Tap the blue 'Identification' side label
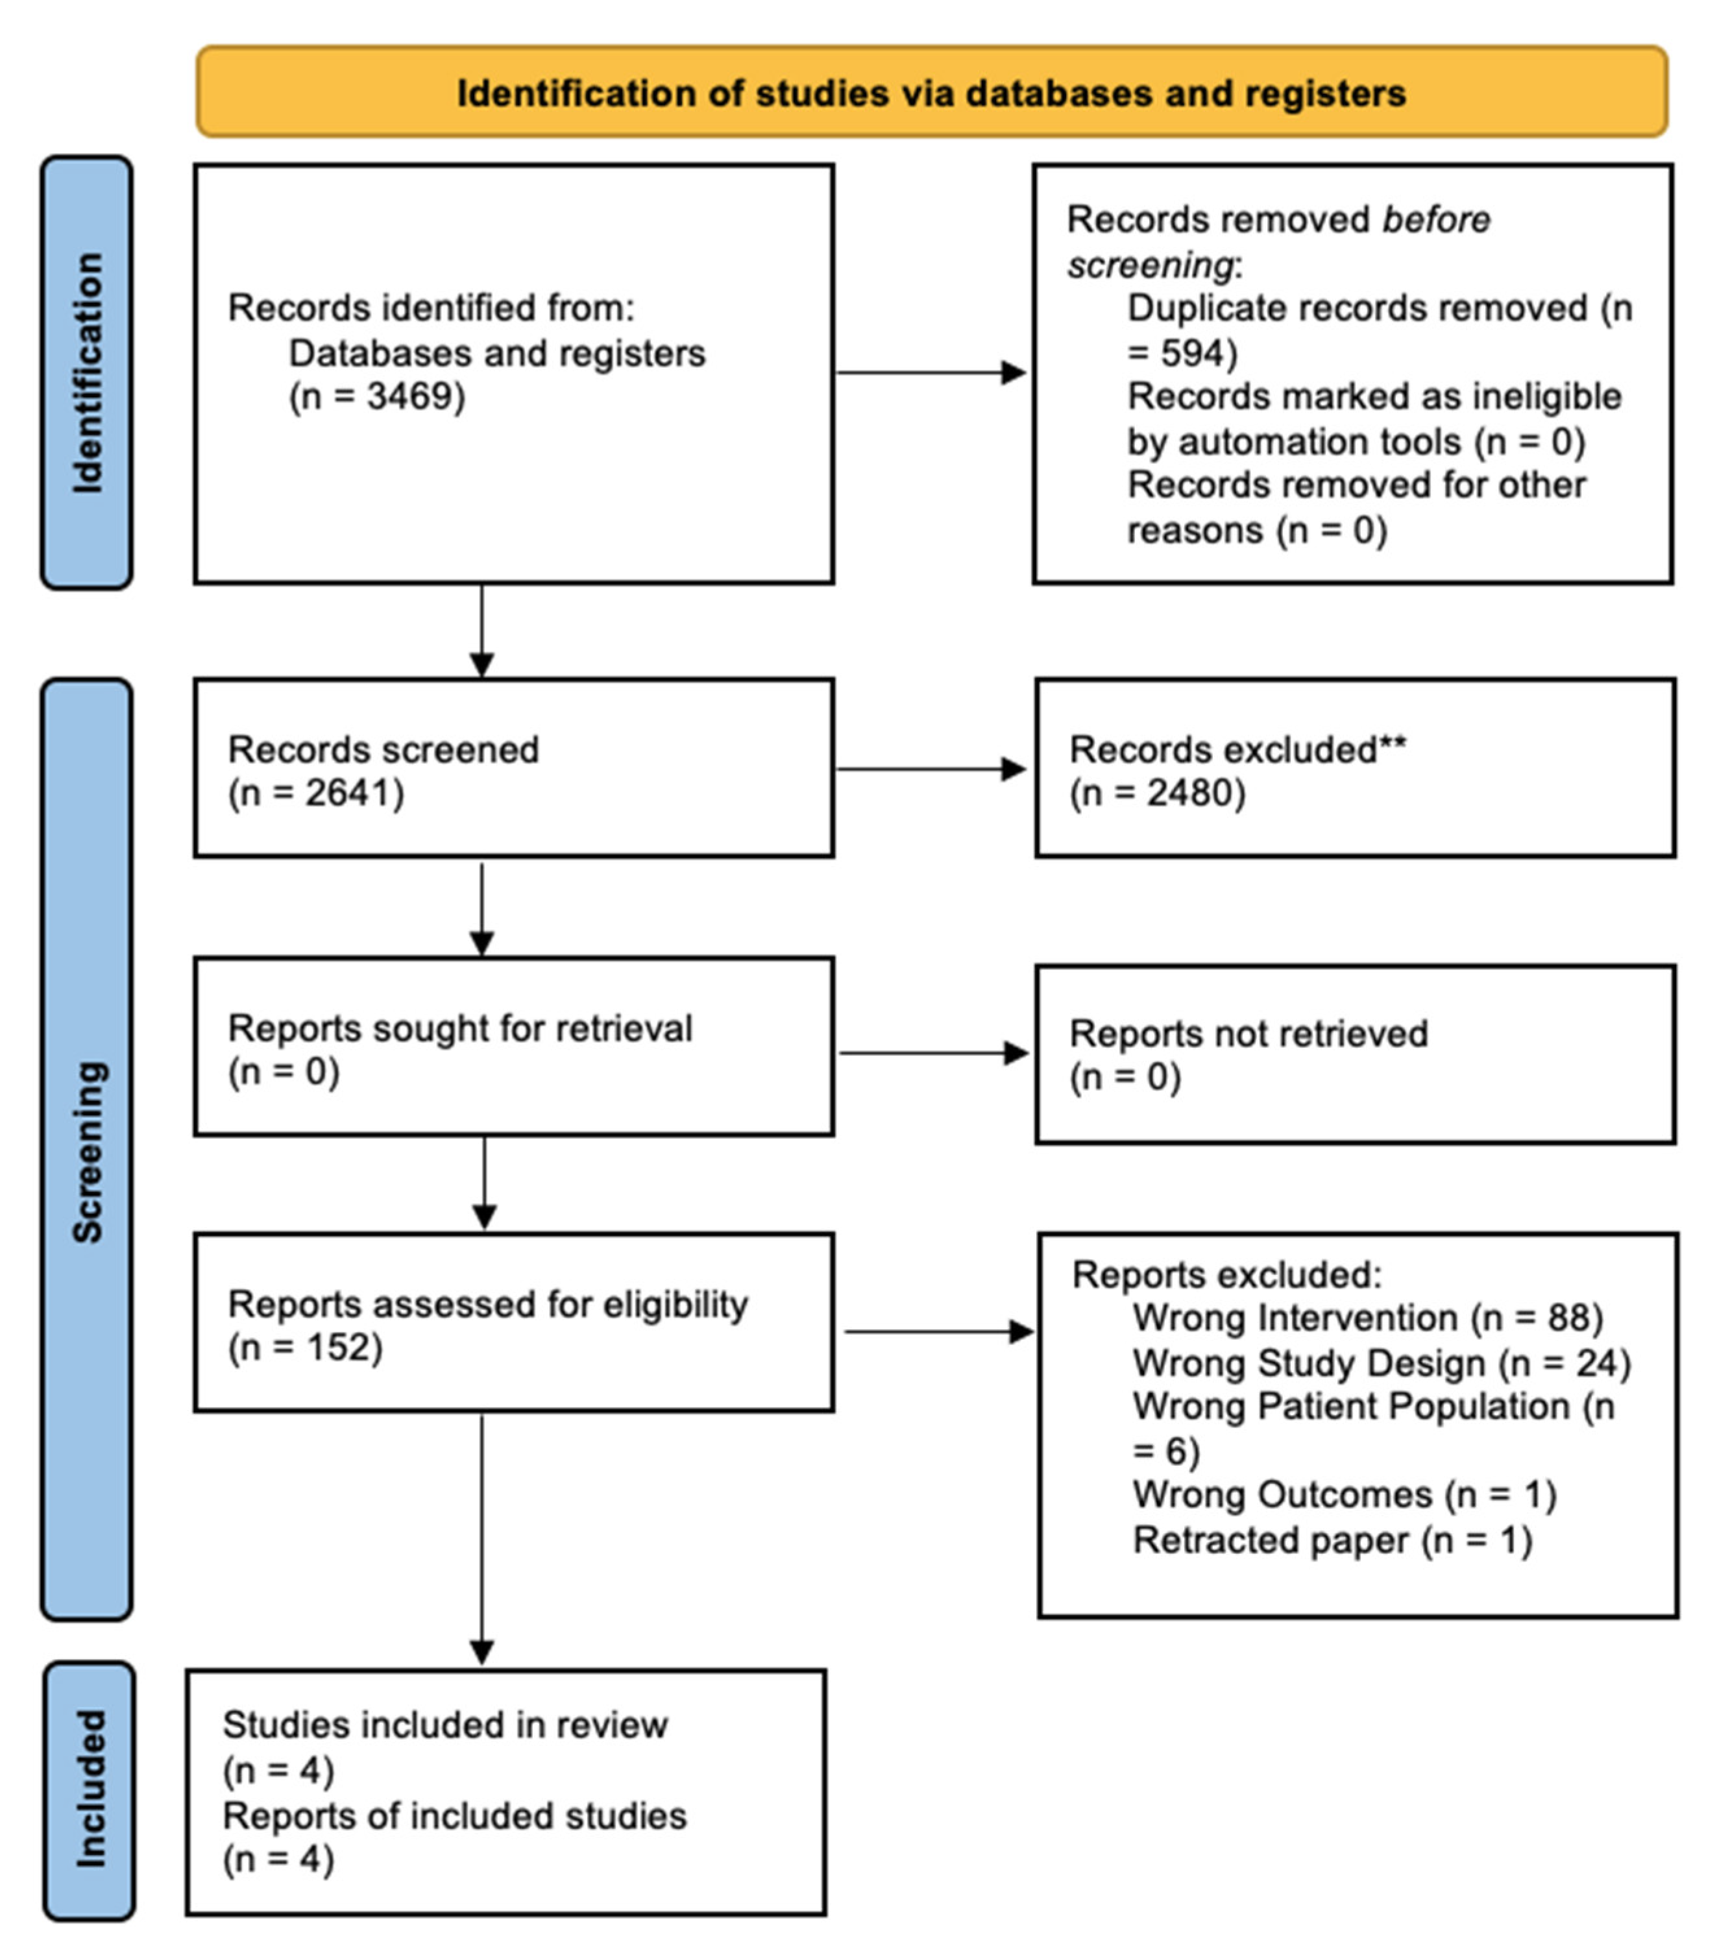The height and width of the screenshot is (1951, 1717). point(87,372)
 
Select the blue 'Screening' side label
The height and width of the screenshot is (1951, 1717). point(87,1150)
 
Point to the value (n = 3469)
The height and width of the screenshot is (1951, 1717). point(377,396)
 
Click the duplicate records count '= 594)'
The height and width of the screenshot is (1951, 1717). point(1182,353)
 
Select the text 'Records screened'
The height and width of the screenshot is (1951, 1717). point(383,749)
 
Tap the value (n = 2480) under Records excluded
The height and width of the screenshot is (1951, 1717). point(1157,794)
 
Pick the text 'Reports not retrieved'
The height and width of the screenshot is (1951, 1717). point(1248,1034)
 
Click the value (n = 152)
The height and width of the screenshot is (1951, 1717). point(306,1348)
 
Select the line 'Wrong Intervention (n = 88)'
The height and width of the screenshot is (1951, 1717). point(1367,1318)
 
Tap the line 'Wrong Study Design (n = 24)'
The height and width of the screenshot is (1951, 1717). point(1381,1363)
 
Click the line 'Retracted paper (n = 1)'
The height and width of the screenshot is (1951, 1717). point(1332,1540)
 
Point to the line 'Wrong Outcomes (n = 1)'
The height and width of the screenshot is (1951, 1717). point(1344,1495)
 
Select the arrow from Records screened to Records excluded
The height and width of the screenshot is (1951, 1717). point(931,769)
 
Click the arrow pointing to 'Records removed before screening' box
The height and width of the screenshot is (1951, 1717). point(931,372)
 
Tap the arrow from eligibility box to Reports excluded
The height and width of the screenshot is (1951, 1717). point(938,1331)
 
